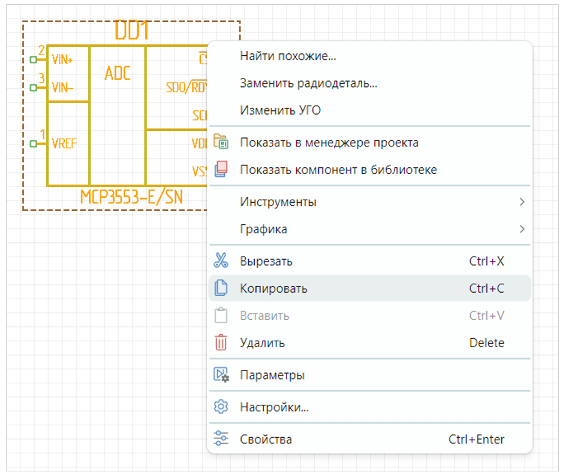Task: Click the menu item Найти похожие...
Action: click(x=288, y=56)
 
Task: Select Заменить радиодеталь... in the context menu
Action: click(x=308, y=83)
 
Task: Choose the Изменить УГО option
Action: click(x=280, y=110)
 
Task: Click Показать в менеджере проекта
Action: click(x=329, y=143)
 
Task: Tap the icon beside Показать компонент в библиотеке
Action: click(x=221, y=170)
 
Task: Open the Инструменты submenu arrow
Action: click(x=522, y=202)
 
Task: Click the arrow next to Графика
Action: click(x=522, y=229)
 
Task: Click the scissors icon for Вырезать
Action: click(x=221, y=261)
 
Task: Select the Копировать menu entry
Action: click(x=273, y=288)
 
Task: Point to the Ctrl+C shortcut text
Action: click(x=486, y=288)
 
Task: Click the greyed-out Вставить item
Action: click(x=264, y=315)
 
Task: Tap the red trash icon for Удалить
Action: click(x=221, y=343)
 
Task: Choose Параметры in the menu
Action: click(x=272, y=375)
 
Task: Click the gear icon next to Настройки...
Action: click(x=221, y=407)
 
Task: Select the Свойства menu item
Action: click(x=266, y=440)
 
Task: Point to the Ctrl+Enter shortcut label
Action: click(x=476, y=440)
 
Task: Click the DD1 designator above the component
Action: click(x=132, y=31)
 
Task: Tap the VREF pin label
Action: click(x=64, y=144)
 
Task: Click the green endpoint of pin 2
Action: click(x=33, y=59)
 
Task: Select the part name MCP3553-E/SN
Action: click(x=131, y=197)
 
